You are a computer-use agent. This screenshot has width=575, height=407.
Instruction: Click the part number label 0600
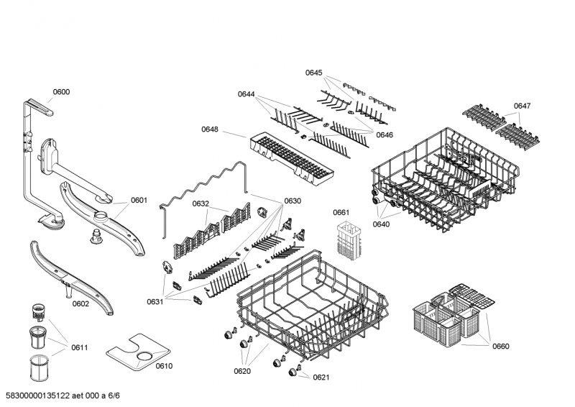coord(61,92)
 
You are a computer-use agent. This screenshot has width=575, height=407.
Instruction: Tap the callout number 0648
coord(209,129)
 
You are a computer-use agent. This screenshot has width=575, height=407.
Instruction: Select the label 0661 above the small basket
coord(341,213)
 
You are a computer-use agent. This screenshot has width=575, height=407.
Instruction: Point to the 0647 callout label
coord(522,106)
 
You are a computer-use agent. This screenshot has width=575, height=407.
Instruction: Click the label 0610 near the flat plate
coord(164,366)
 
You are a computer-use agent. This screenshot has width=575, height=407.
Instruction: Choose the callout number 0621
coord(321,378)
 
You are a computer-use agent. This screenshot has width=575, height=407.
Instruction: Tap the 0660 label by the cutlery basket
coord(500,346)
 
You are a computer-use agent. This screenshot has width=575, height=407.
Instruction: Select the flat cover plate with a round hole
coord(138,352)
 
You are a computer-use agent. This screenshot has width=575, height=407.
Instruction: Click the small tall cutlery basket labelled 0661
coord(349,240)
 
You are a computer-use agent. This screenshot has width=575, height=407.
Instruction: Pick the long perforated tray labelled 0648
coord(292,157)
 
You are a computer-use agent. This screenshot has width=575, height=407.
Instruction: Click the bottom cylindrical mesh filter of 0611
coord(39,367)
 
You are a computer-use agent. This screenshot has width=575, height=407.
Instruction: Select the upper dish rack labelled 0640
coord(446,179)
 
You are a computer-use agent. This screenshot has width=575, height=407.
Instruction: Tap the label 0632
coord(201,203)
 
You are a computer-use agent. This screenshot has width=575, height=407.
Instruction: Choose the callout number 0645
coord(313,73)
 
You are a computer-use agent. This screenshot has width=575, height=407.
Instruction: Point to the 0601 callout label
coord(139,200)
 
